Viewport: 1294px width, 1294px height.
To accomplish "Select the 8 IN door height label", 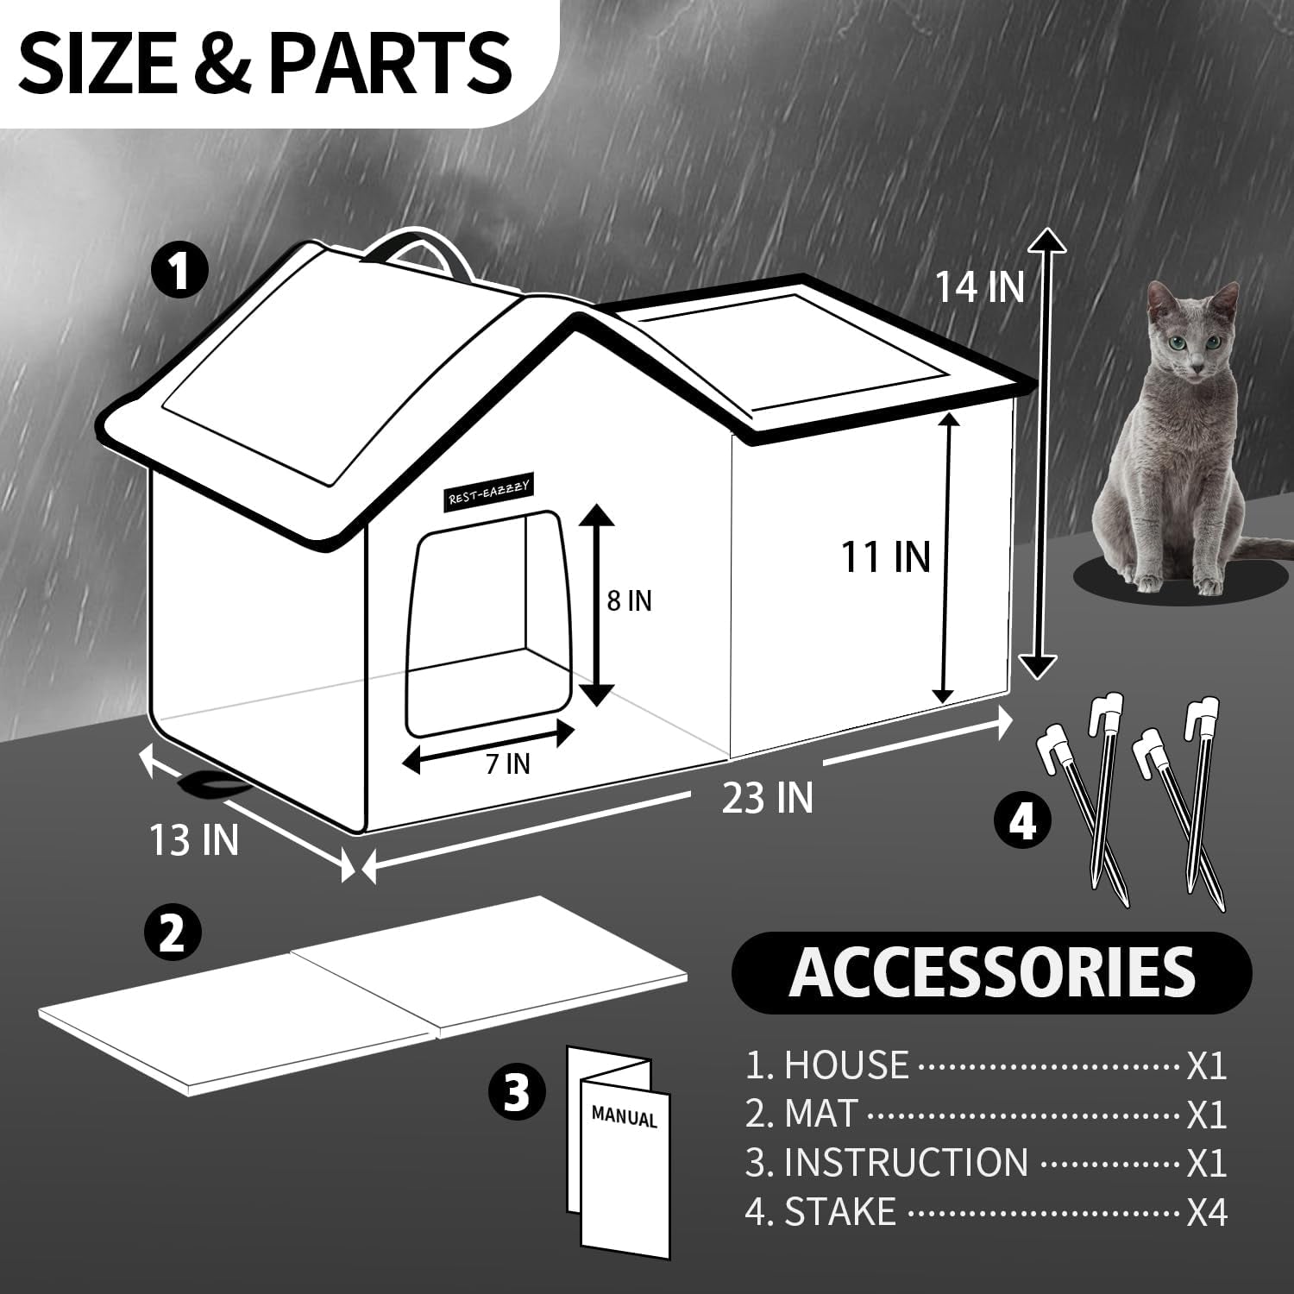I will point(629,600).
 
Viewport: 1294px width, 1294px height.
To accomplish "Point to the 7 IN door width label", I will point(506,763).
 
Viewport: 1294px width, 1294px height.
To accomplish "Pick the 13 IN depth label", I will point(194,839).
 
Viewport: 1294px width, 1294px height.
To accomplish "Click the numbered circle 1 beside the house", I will point(179,270).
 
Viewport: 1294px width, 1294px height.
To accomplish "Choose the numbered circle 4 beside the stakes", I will point(1022,821).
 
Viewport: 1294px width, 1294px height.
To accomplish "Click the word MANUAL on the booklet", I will point(624,1117).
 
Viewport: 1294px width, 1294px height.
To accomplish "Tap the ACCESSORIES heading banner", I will point(991,973).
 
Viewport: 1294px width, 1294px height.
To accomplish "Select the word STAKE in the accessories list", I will point(840,1212).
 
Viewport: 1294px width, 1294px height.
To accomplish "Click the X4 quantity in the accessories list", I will point(1206,1213).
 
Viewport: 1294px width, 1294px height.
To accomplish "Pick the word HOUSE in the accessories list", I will point(845,1066).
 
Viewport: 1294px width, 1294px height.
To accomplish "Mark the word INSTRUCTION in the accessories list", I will point(906,1163).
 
